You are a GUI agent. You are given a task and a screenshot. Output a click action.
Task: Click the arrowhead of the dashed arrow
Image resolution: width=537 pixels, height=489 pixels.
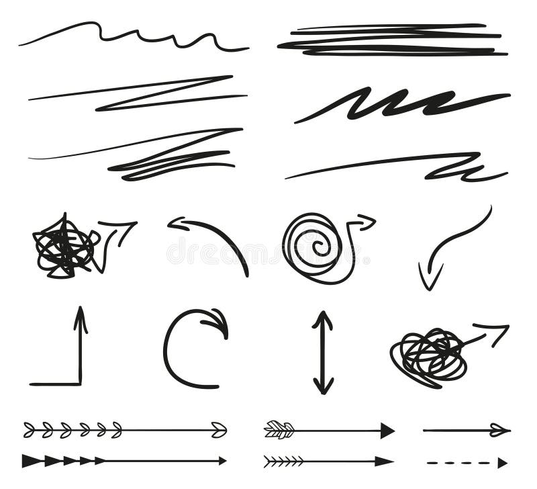point(502,462)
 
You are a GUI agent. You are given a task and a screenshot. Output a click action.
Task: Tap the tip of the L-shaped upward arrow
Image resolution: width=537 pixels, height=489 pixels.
point(81,312)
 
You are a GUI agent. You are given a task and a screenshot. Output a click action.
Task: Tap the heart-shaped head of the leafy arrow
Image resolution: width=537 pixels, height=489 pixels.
point(219,430)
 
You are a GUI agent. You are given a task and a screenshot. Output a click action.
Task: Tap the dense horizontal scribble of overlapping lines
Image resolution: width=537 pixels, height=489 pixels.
point(393,40)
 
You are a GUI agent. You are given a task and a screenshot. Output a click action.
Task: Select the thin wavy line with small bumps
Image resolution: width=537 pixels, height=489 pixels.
point(134,35)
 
